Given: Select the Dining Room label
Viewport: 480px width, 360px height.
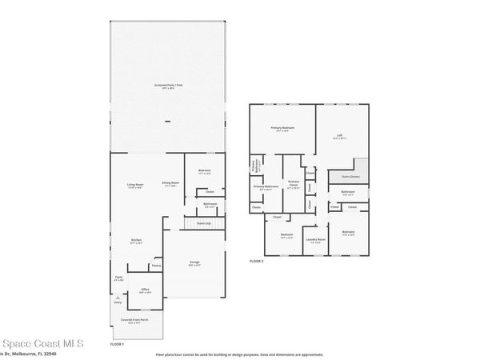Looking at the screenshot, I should click(x=170, y=184).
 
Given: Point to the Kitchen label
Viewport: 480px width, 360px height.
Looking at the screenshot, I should click(x=137, y=241).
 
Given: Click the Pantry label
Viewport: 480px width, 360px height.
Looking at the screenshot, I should click(x=157, y=265).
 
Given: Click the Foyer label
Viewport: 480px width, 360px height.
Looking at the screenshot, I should click(x=118, y=278).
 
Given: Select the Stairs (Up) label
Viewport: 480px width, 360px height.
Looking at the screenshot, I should click(x=202, y=223).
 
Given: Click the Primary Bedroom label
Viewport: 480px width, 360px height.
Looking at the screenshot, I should click(x=282, y=128).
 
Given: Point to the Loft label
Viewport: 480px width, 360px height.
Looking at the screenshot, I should click(x=339, y=137).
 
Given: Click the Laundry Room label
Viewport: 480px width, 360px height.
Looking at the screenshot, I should click(x=316, y=239).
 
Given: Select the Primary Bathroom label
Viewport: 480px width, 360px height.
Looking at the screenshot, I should click(x=266, y=187).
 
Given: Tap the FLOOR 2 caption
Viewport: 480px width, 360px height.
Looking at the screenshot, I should click(x=256, y=261).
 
